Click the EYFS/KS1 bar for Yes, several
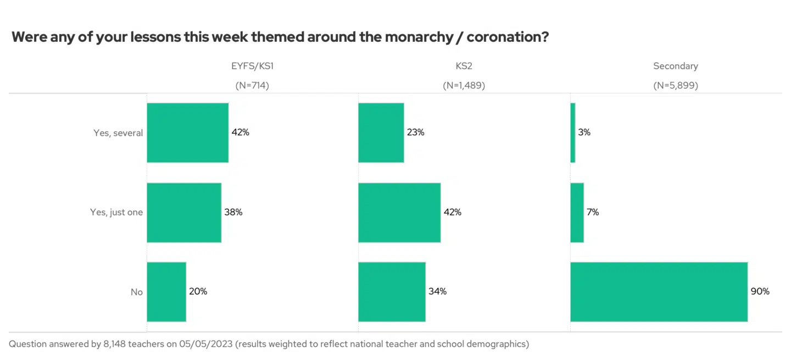187,132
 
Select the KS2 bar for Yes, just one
399,212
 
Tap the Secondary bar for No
659,292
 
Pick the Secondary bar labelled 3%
573,132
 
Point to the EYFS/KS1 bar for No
166,292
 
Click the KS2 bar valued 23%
381,132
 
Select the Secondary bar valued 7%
577,212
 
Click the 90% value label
760,292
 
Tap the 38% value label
233,212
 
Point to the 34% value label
437,292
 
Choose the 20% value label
198,292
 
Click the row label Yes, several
118,133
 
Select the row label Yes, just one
116,213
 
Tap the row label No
136,292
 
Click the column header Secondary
675,66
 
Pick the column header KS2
464,66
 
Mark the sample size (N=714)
252,86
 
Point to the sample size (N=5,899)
675,86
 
